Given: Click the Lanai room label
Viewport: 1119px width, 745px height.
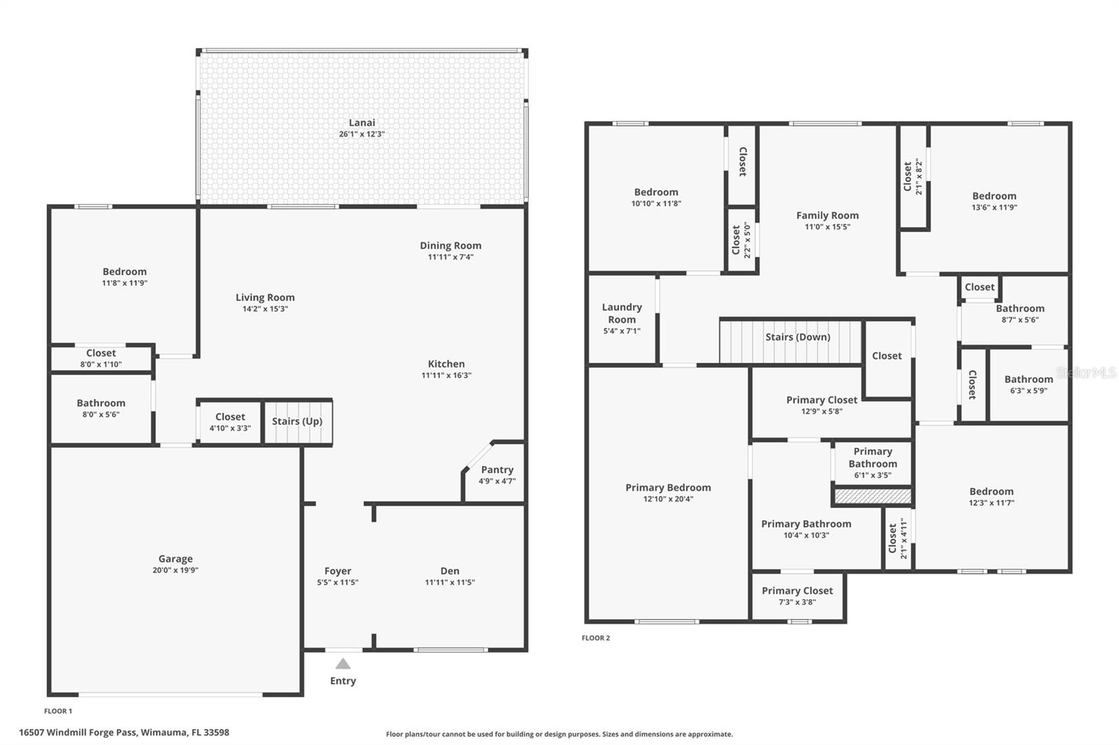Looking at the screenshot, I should (x=362, y=122).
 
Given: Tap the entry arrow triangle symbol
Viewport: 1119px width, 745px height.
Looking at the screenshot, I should (x=343, y=664).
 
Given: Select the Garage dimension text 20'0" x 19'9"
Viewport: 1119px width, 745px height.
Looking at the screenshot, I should (x=175, y=570).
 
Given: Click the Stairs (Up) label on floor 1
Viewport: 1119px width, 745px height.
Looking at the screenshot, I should (x=297, y=421).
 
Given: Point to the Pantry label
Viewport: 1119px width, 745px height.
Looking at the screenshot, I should (x=497, y=470).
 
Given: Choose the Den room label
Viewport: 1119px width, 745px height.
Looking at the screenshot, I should (x=450, y=571).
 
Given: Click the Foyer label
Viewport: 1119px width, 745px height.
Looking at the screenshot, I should (x=337, y=571).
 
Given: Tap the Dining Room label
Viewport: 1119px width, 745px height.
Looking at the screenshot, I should (x=450, y=245).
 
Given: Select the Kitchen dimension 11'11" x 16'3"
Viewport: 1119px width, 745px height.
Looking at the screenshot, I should (x=446, y=375).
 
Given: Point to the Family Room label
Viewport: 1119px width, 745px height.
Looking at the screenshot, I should (x=827, y=215).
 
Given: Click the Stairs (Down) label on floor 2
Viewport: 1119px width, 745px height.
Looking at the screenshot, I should (x=797, y=337).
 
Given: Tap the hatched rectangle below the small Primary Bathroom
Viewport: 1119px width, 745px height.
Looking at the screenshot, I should (x=873, y=496).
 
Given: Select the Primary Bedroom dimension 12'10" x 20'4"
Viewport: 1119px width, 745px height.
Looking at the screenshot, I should (x=668, y=499).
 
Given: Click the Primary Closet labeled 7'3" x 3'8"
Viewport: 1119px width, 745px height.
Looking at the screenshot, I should (x=797, y=591).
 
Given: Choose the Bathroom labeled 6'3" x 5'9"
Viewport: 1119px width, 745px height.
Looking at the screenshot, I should (x=1028, y=379).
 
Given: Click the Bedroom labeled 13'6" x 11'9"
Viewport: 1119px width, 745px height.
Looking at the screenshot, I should (x=994, y=196).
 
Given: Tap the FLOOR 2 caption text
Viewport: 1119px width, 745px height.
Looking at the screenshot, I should (x=595, y=638).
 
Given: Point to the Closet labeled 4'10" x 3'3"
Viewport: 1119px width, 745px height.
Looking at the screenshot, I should (x=229, y=417).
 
